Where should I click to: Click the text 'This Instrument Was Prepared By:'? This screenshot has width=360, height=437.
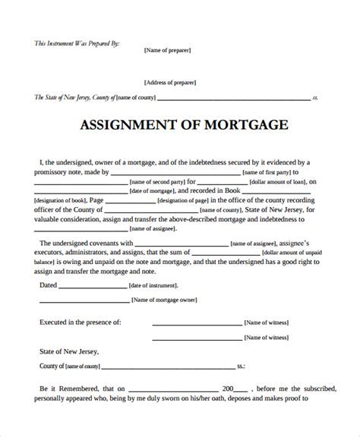(66, 42)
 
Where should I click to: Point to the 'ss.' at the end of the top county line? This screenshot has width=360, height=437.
(316, 99)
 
